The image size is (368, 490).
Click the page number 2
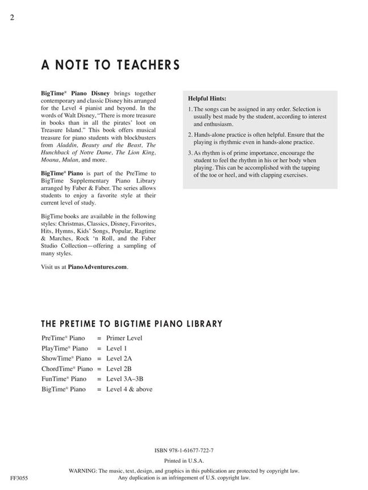point(11,17)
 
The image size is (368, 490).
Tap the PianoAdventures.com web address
point(98,267)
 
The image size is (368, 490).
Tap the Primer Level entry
point(124,338)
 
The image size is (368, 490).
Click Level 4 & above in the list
point(129,389)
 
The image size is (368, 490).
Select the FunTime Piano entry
point(64,379)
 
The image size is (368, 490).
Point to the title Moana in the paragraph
point(51,160)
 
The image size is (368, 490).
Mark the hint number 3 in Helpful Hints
point(189,153)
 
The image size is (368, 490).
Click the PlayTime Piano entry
point(64,348)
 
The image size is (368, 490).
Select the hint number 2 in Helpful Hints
point(189,135)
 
